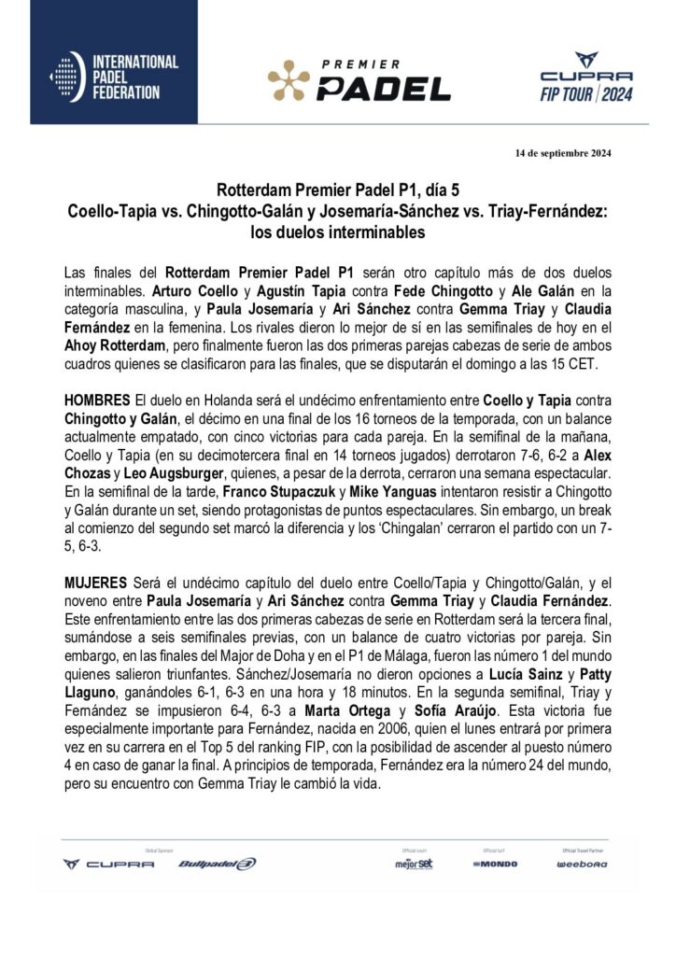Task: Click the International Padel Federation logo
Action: [114, 77]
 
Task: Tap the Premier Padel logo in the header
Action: [359, 79]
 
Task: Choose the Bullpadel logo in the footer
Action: [217, 864]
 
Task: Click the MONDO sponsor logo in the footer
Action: [494, 864]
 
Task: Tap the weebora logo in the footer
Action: [582, 864]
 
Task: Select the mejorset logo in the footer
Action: [414, 864]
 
